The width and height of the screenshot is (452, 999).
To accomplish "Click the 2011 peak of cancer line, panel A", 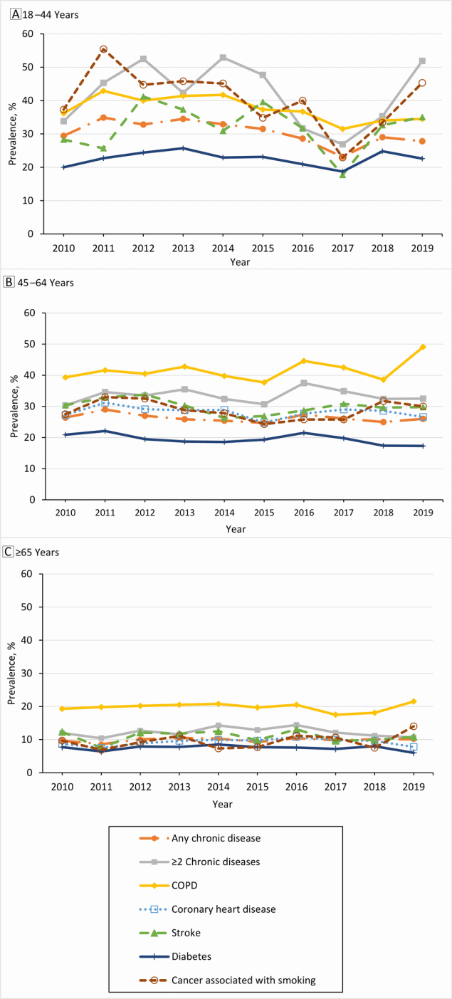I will (103, 49).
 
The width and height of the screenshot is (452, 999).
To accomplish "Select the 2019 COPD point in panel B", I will (422, 347).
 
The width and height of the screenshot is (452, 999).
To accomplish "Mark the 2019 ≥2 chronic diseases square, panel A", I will (422, 61).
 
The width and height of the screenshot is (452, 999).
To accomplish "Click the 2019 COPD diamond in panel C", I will (422, 701).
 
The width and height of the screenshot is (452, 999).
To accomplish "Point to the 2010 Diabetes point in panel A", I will (63, 167).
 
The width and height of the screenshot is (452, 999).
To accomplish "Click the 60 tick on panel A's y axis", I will (28, 33).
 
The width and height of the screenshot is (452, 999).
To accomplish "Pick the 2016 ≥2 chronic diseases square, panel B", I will (303, 383).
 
